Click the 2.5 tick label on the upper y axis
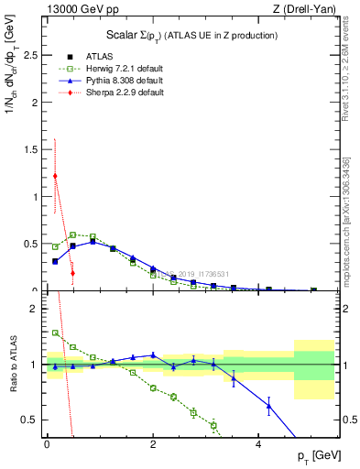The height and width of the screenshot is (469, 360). pos(29,55)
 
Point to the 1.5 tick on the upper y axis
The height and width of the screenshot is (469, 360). pos(29,149)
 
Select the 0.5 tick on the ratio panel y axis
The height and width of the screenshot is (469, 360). pos(29,420)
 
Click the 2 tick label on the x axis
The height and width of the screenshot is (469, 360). pos(153,443)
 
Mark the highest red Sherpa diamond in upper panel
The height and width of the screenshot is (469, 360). pos(55,176)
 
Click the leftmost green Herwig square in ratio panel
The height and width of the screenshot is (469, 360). pos(55,333)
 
